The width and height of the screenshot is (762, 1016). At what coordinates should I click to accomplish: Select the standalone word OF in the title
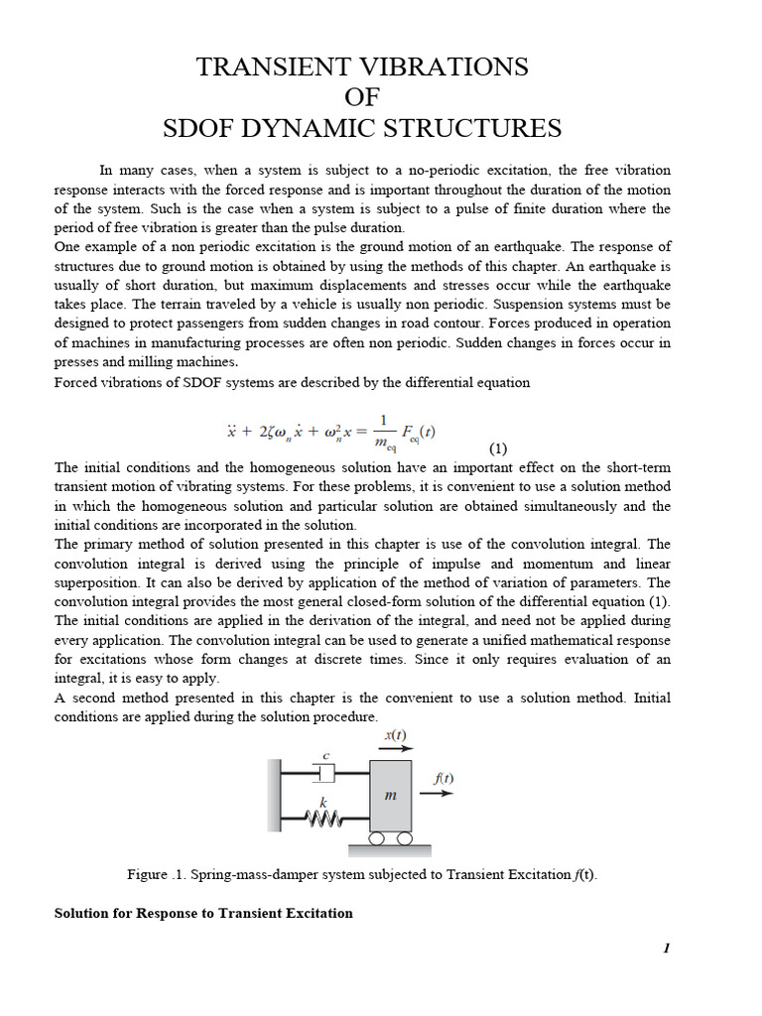(x=362, y=98)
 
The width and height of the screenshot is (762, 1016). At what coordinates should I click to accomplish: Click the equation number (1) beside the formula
(x=498, y=447)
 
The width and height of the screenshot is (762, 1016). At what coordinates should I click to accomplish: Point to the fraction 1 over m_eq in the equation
(x=383, y=433)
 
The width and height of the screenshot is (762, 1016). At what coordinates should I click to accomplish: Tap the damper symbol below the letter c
(x=326, y=771)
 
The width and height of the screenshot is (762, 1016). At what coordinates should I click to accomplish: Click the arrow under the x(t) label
(x=395, y=750)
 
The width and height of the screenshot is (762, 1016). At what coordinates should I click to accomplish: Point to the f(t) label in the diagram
(x=444, y=778)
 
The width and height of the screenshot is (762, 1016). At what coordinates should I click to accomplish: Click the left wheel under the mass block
(x=378, y=838)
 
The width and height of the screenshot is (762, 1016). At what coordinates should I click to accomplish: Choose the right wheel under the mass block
(x=404, y=838)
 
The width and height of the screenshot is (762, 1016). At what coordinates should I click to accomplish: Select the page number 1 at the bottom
(x=667, y=949)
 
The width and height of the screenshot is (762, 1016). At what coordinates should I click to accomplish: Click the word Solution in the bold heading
(x=83, y=913)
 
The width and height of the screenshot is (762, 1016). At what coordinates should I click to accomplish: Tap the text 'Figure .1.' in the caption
(x=156, y=874)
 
